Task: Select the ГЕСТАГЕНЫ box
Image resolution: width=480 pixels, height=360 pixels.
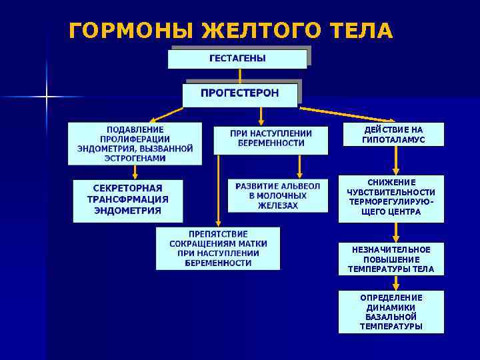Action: coord(237,58)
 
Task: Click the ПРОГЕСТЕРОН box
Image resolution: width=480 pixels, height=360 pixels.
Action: coord(240,94)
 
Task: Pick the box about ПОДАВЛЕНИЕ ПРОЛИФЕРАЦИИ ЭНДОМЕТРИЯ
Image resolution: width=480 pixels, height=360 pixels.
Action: coord(135,143)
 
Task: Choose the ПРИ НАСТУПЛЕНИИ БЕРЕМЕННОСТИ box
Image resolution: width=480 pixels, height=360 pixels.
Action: coord(271,139)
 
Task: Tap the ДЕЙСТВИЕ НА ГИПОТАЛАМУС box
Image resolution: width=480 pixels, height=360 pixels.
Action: coord(393,134)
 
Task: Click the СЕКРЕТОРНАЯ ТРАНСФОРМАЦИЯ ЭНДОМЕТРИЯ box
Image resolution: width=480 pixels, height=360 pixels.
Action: coord(127,200)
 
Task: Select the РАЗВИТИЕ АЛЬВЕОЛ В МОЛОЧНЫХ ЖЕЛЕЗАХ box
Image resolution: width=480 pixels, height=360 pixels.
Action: coord(278,195)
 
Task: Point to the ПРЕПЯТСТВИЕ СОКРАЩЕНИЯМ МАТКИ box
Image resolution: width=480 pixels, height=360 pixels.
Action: coord(218,249)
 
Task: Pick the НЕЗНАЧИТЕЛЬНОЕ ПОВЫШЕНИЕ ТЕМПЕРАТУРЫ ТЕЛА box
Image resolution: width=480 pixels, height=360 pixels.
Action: coord(391,259)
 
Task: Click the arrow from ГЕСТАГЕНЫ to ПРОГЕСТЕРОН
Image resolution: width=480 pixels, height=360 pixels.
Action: coord(240,75)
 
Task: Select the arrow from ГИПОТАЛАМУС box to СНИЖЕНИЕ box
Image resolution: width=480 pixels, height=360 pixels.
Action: coord(396,160)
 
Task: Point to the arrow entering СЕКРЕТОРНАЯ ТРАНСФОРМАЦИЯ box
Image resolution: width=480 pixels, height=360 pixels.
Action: coord(135,172)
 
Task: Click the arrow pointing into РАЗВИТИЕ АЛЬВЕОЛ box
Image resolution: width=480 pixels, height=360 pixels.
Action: coord(301,167)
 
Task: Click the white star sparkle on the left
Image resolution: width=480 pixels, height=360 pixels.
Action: coord(47,97)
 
